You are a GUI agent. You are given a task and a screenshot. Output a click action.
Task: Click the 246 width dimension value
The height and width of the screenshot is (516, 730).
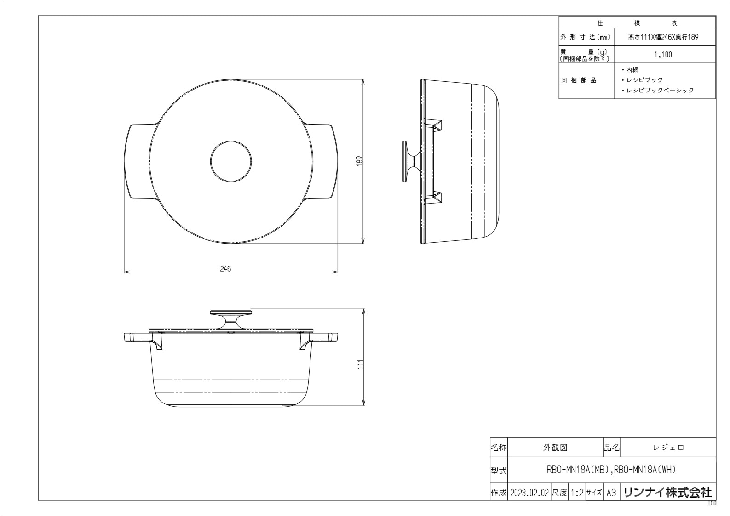225,269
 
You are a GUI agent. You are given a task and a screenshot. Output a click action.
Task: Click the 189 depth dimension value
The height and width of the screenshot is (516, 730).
359,161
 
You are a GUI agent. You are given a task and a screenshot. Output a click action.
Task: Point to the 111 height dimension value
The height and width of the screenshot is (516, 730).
360,364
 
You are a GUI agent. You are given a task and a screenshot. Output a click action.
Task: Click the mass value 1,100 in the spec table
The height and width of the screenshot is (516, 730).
663,54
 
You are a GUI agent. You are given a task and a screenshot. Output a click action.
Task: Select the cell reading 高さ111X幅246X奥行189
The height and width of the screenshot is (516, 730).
663,37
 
